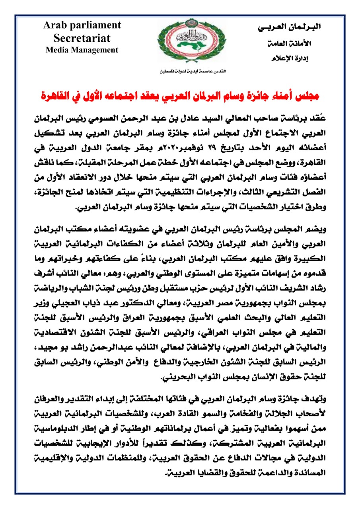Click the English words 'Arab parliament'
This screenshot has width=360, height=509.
coord(82,25)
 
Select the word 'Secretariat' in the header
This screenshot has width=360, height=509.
coord(82,38)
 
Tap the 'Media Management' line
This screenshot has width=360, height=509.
coord(82,50)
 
